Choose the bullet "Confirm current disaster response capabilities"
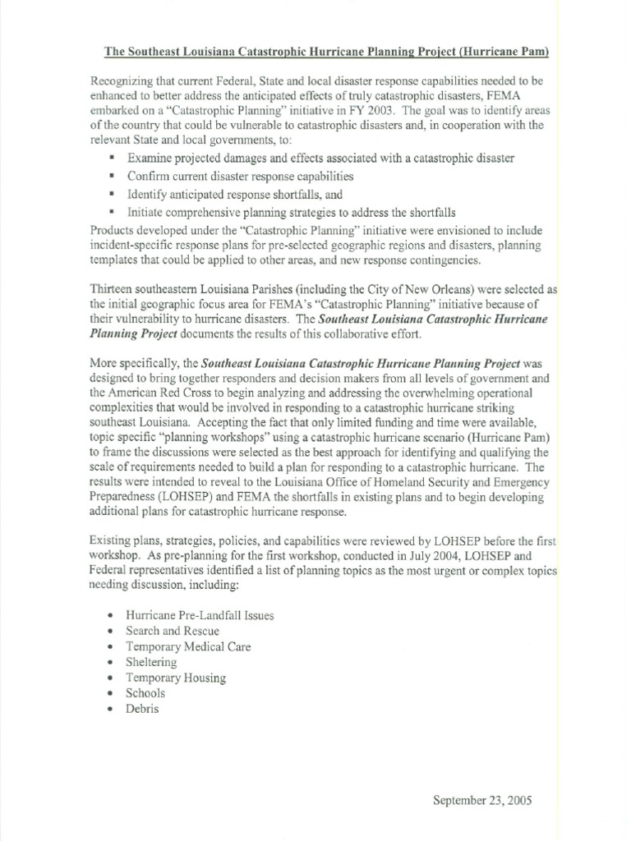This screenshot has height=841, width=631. (x=241, y=176)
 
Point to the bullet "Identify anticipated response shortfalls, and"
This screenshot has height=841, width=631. (x=234, y=195)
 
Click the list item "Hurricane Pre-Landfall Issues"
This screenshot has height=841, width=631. (x=200, y=614)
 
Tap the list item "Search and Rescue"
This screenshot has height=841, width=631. (x=173, y=630)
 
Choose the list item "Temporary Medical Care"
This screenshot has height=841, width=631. (x=188, y=646)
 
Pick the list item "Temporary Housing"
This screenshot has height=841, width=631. (x=176, y=678)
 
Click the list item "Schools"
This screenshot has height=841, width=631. (x=145, y=693)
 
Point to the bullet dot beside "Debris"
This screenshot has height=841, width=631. (x=110, y=709)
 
